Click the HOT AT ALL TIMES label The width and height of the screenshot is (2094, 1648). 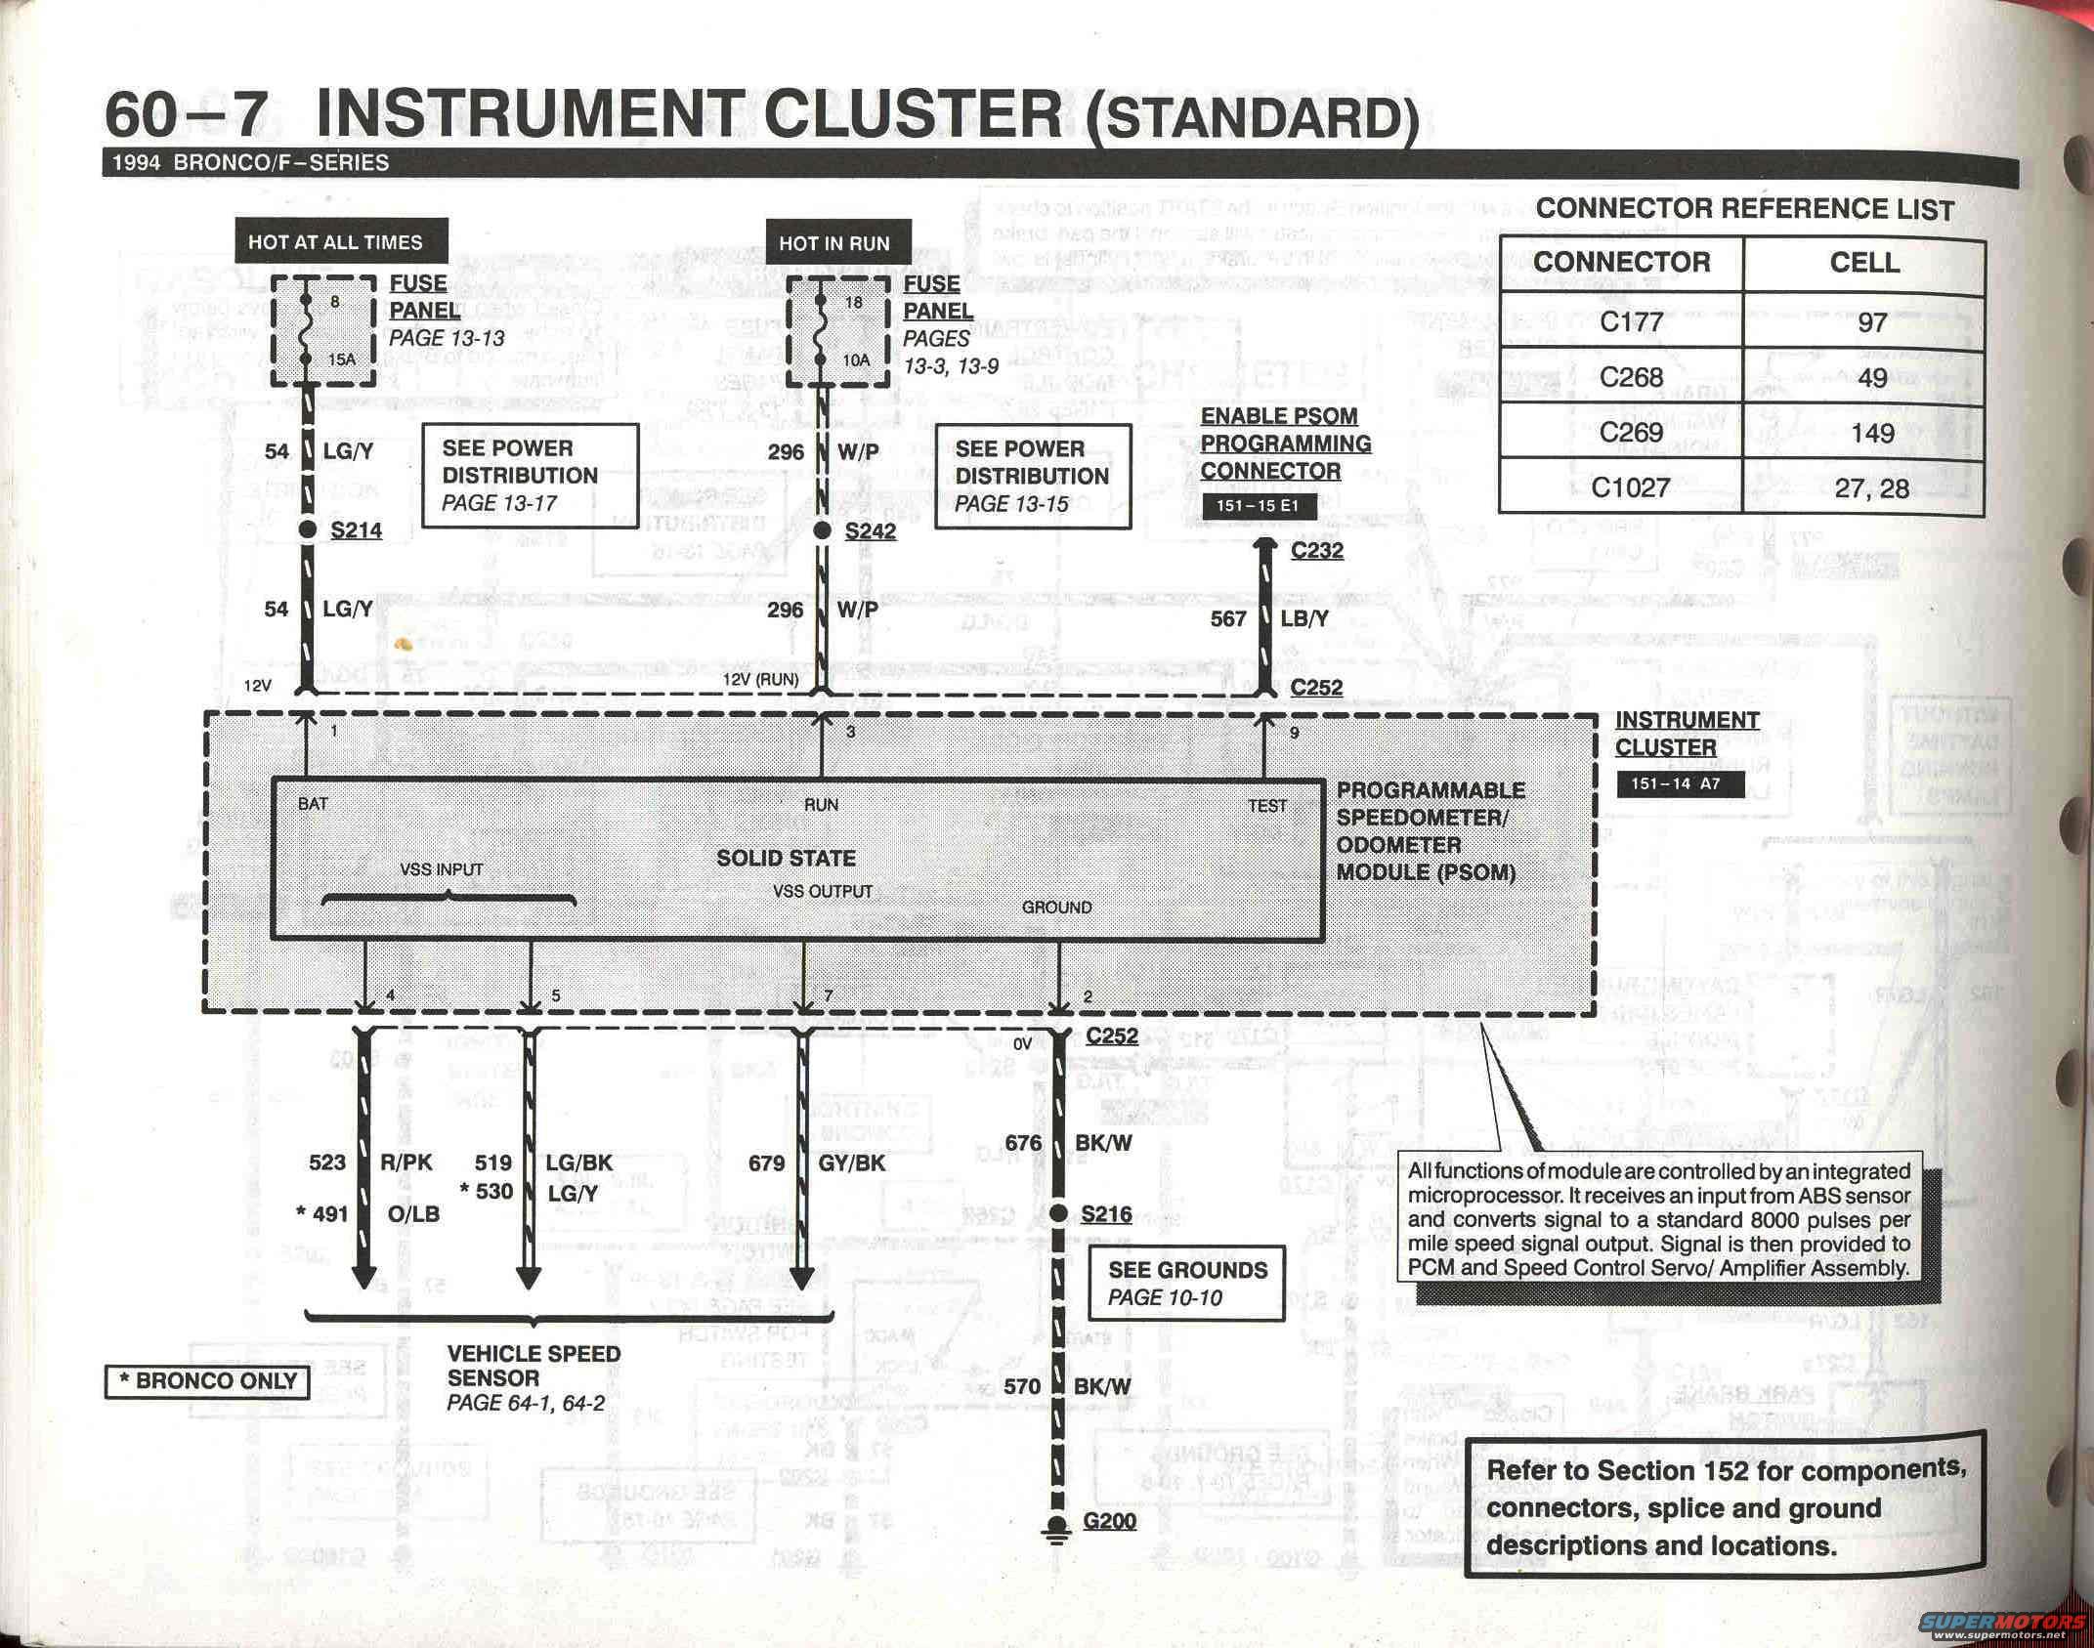[x=335, y=241]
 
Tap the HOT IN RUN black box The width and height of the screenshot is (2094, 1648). [x=834, y=243]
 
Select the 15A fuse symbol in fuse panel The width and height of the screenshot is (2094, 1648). [x=309, y=329]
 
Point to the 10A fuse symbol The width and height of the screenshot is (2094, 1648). [x=823, y=330]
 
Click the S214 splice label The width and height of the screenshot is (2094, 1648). [x=356, y=530]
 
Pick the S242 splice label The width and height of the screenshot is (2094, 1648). [x=870, y=531]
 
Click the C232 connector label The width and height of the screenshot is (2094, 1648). [x=1316, y=550]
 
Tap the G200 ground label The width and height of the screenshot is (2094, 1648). [x=1109, y=1520]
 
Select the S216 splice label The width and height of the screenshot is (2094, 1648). [x=1106, y=1213]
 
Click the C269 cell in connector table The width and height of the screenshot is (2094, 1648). [x=1630, y=433]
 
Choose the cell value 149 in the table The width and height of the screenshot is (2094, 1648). [x=1871, y=434]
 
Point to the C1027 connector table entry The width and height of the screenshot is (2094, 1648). [x=1630, y=487]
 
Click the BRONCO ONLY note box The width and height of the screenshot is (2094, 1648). [x=207, y=1381]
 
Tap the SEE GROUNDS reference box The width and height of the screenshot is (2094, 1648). [x=1186, y=1284]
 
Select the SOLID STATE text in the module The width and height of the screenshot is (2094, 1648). [x=786, y=858]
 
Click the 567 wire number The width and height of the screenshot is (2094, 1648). [x=1228, y=618]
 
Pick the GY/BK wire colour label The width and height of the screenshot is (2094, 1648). [x=852, y=1163]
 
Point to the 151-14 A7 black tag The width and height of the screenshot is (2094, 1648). [x=1680, y=783]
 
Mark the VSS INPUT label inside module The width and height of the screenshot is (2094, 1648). [x=441, y=869]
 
